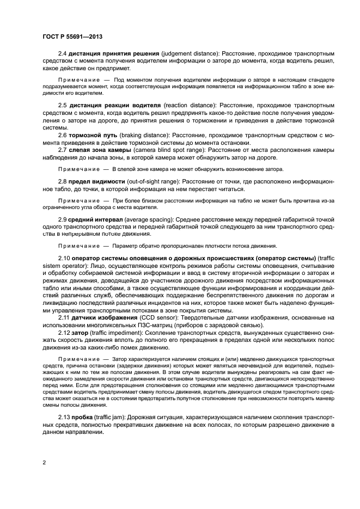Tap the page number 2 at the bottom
point(43,462)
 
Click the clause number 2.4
point(63,54)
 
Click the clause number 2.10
point(64,257)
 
